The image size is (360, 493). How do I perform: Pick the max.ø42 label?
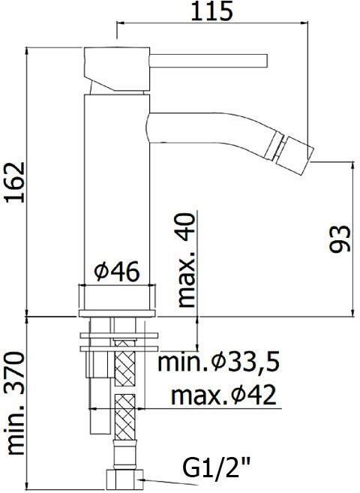[223, 394]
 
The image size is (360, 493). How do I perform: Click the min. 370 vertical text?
[15, 406]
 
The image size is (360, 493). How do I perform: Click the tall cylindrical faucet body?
[118, 188]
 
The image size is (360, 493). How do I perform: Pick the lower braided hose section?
[124, 416]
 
